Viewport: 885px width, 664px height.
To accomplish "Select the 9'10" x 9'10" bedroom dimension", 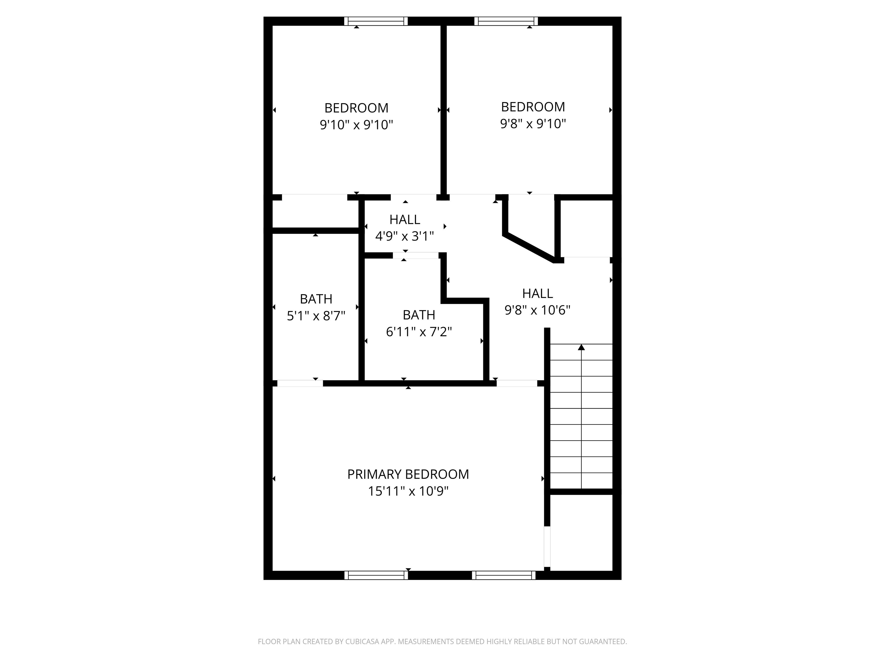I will pos(356,125).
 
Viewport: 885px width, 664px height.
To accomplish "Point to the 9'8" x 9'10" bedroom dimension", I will pos(533,124).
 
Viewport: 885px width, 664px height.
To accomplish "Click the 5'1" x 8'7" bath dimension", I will pos(316,316).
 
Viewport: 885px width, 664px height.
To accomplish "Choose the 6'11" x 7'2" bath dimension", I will pos(419,332).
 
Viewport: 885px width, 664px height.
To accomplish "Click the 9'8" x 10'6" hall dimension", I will pos(537,310).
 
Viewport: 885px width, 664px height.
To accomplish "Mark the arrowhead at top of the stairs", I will pos(581,347).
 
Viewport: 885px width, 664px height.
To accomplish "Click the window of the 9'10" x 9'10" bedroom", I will pos(376,21).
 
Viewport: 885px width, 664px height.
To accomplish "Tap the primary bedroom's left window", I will pos(376,575).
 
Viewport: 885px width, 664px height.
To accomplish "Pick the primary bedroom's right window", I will pos(503,575).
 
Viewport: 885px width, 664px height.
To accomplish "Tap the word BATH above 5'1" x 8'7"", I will pos(316,299).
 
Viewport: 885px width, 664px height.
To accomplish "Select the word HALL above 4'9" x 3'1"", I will pos(404,219).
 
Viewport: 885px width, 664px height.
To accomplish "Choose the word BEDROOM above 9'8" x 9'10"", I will pos(533,107).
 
